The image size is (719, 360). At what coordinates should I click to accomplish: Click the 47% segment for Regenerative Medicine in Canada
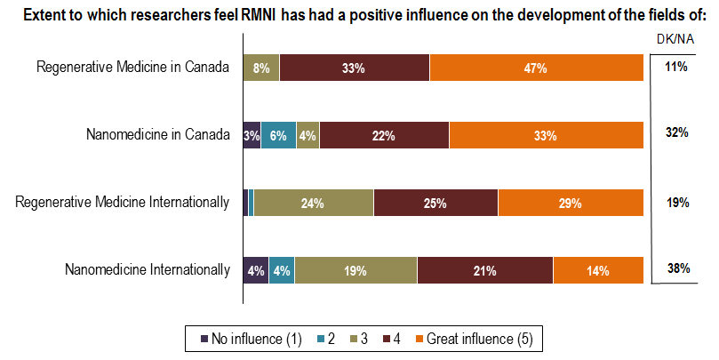(x=536, y=68)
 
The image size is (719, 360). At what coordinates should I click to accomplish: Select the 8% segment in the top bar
(x=261, y=68)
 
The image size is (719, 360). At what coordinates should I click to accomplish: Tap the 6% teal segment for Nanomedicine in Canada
(x=278, y=135)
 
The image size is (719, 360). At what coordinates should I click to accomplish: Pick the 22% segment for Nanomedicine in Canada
(x=384, y=135)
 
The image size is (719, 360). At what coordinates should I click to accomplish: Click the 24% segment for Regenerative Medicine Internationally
(x=311, y=203)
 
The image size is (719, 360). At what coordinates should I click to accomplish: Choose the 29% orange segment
(x=570, y=203)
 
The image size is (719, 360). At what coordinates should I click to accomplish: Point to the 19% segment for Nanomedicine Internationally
(x=356, y=270)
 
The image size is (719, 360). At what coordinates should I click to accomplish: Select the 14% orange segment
(x=597, y=270)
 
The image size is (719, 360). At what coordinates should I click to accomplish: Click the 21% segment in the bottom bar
(x=484, y=270)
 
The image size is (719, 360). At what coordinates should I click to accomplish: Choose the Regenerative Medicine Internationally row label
(x=123, y=203)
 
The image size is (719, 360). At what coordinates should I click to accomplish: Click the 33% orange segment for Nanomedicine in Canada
(x=545, y=135)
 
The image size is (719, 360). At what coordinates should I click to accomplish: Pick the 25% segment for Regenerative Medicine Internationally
(x=435, y=203)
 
